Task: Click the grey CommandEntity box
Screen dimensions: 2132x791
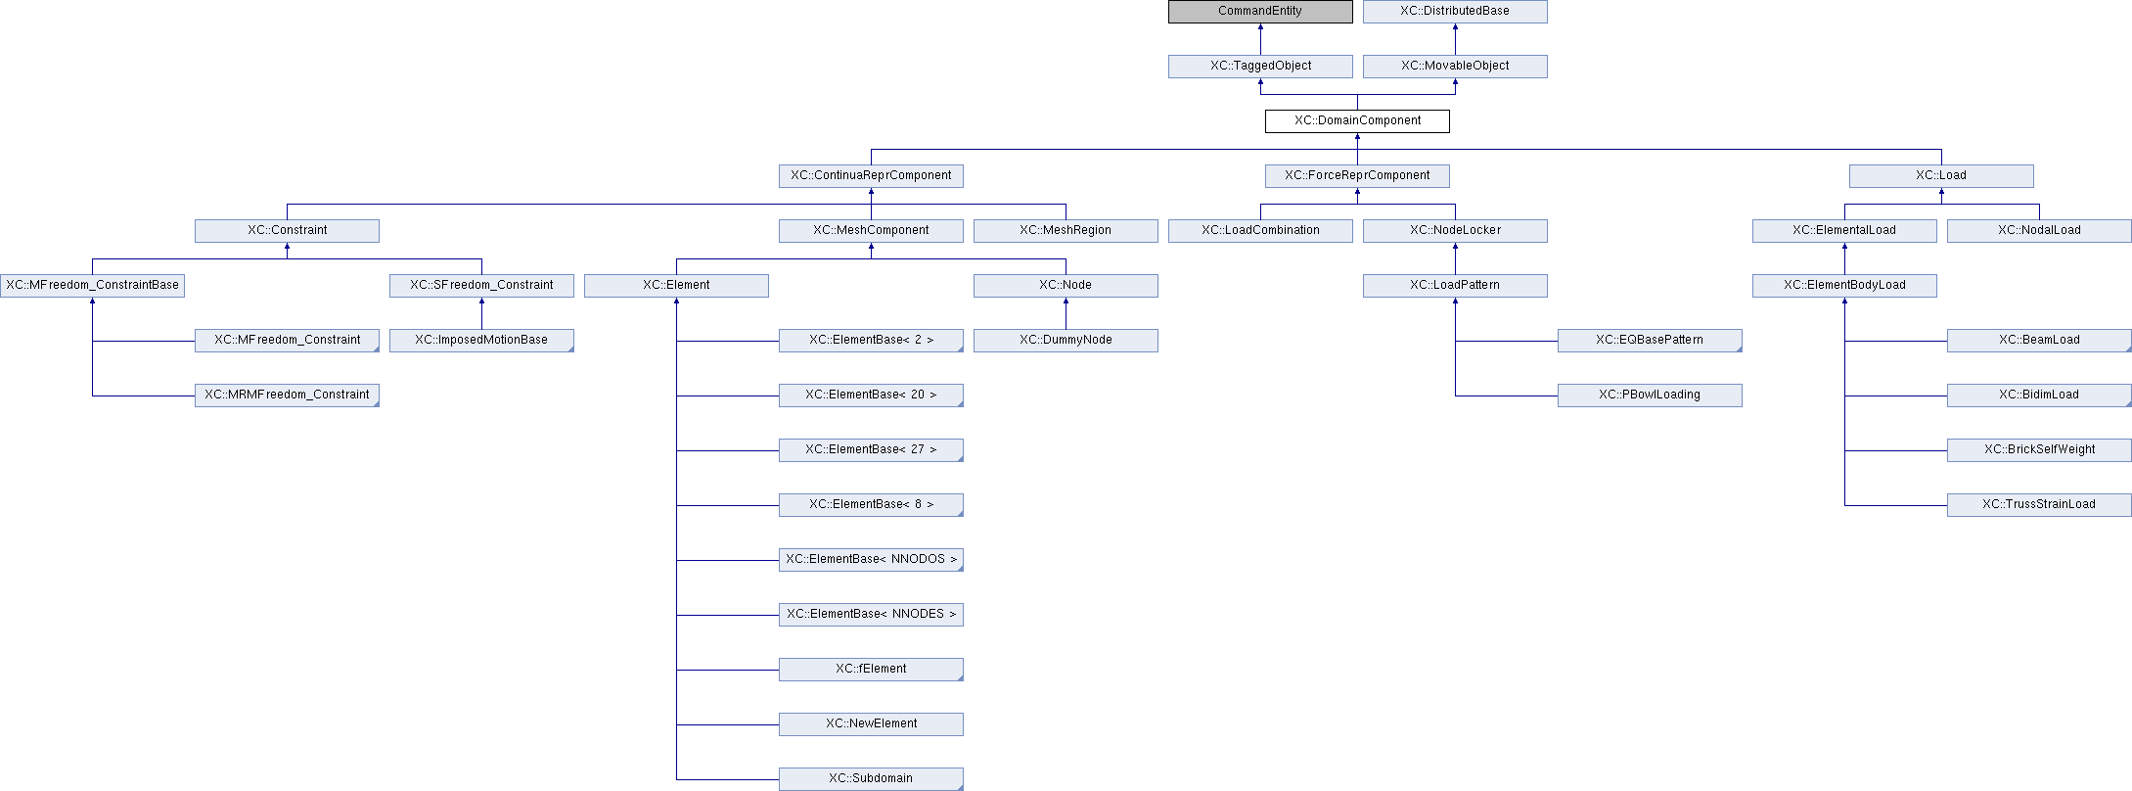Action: point(1260,12)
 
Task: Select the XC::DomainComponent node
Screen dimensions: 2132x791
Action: point(1357,121)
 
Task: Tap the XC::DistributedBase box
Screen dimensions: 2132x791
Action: point(1455,12)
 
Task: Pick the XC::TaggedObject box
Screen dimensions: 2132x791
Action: point(1260,67)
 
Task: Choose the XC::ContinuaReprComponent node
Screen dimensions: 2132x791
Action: point(871,176)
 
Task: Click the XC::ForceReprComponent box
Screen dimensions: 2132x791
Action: point(1357,176)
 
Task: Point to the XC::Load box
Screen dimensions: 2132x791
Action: point(1941,176)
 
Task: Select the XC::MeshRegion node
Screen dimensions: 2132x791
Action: point(1066,231)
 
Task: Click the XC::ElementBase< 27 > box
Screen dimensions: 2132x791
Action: point(871,450)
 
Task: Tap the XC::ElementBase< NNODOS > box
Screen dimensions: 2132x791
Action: point(871,560)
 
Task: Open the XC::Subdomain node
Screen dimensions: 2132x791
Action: point(871,779)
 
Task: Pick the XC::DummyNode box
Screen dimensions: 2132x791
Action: point(1066,341)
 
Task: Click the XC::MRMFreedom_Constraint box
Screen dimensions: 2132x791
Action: point(287,395)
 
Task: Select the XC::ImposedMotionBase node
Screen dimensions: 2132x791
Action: point(481,341)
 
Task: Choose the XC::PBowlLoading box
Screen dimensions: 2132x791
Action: point(1650,395)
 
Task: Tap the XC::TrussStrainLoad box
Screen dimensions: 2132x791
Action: point(2039,505)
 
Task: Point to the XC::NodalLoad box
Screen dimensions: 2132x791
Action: point(2039,231)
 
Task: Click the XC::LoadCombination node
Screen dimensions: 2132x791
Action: point(1260,231)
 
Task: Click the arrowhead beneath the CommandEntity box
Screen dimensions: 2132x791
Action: point(1260,27)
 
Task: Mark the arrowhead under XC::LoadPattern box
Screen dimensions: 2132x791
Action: point(1455,302)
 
